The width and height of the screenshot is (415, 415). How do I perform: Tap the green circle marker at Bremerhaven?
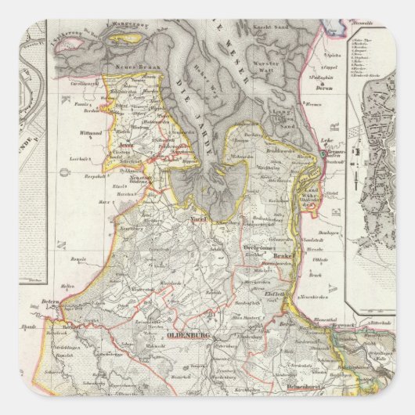click(x=322, y=156)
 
